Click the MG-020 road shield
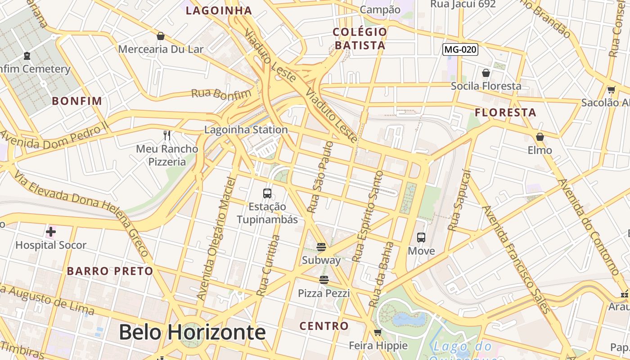[460, 49]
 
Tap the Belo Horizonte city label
[192, 333]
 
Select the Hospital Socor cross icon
[51, 232]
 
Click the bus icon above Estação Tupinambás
[267, 193]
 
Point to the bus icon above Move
[421, 238]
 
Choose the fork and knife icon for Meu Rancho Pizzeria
[167, 135]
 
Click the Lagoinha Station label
[246, 130]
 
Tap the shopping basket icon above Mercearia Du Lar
[161, 36]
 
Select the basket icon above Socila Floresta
[486, 73]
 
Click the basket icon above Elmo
[540, 137]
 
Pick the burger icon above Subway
[321, 247]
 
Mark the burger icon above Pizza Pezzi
[324, 280]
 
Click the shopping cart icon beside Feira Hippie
[378, 333]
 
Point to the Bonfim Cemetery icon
[27, 56]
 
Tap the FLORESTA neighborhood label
[506, 112]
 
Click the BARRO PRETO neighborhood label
[110, 271]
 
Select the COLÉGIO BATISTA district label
[360, 39]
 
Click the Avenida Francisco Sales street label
[516, 259]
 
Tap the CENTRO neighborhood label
[324, 326]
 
